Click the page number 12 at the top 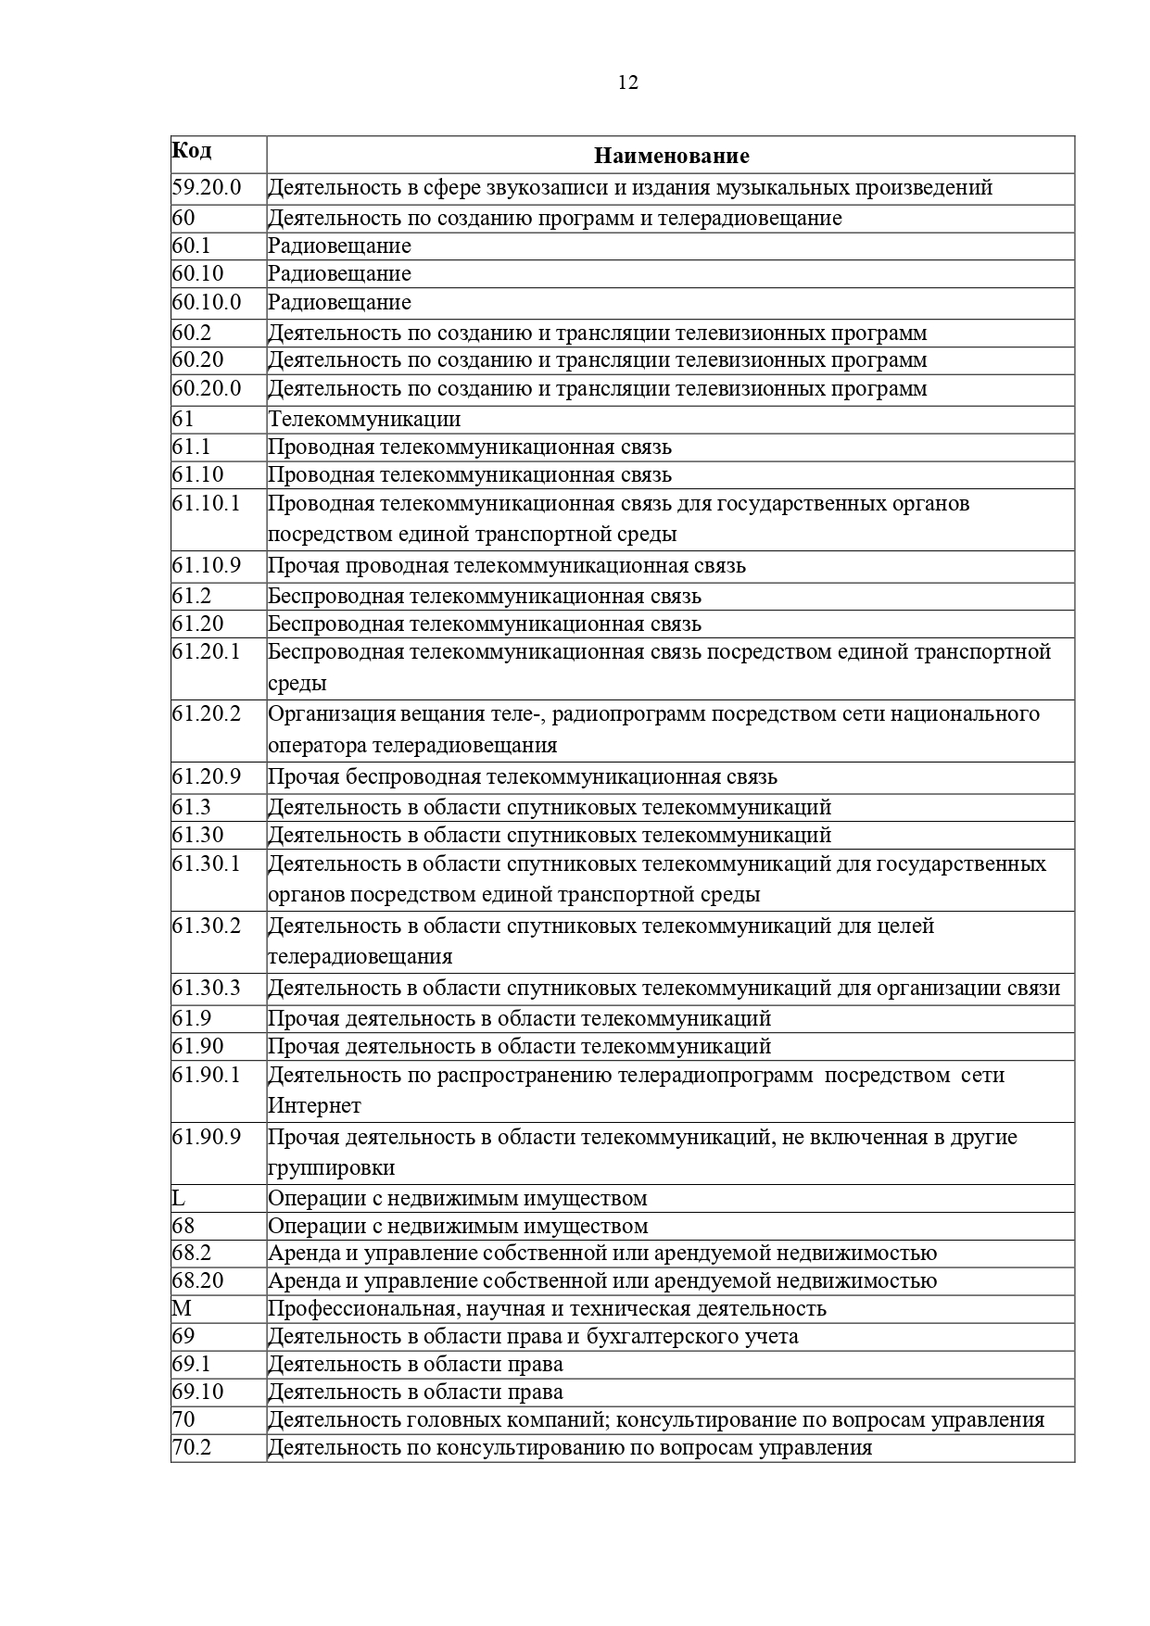627,82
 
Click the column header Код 192,150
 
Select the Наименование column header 671,156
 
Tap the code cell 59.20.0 206,187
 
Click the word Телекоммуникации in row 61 364,419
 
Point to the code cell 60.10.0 206,302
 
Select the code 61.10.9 206,565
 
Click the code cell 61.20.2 206,713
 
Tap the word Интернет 314,1105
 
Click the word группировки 331,1167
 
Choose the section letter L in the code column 178,1198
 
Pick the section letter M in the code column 181,1308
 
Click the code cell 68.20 197,1280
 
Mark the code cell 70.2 192,1447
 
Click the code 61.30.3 206,988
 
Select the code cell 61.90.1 206,1075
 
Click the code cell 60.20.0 206,388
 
